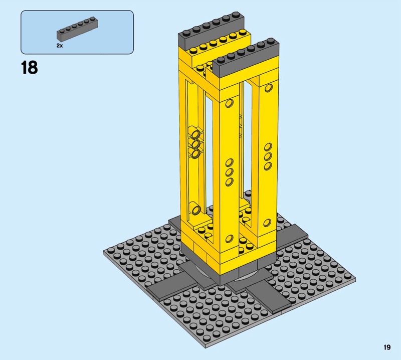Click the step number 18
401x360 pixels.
pyautogui.click(x=30, y=68)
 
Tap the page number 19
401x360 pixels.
pyautogui.click(x=387, y=347)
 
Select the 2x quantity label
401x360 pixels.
pyautogui.click(x=60, y=46)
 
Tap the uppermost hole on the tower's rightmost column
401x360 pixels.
pyautogui.click(x=269, y=88)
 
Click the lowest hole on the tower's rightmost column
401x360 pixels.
pyautogui.click(x=267, y=223)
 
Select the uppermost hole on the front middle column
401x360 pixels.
pyautogui.click(x=230, y=103)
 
